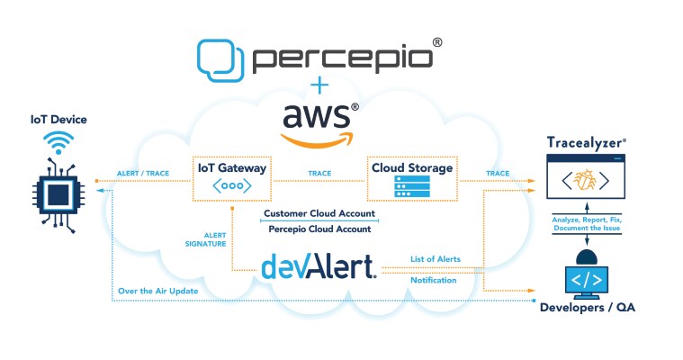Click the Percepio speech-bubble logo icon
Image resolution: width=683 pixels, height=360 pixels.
point(220,57)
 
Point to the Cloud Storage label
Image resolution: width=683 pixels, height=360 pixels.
point(412,168)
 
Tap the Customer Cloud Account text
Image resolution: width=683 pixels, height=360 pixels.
point(319,214)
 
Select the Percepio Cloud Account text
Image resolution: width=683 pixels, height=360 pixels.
point(319,229)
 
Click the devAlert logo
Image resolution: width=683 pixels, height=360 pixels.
point(319,267)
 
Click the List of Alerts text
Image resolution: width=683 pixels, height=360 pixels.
point(435,259)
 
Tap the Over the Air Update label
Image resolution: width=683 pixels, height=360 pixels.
point(157,291)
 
